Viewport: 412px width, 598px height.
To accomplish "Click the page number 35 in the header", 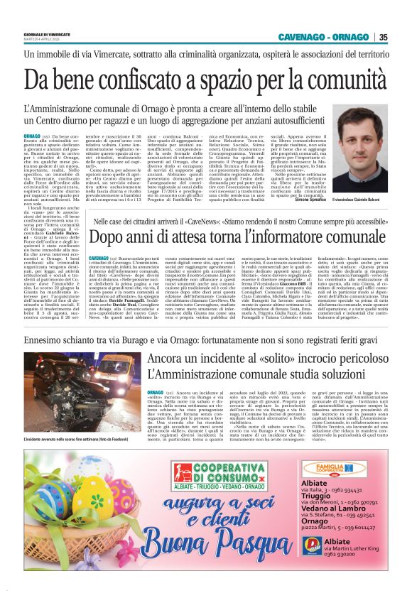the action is (x=383, y=38).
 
